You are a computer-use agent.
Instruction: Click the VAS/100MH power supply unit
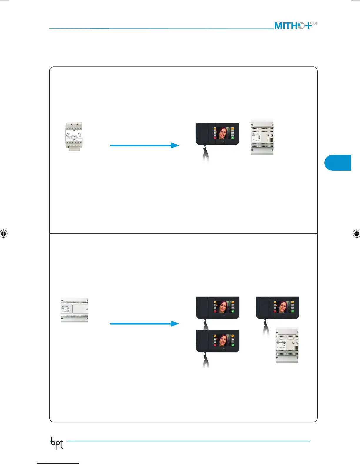click(x=74, y=137)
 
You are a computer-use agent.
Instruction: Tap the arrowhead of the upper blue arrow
click(x=175, y=145)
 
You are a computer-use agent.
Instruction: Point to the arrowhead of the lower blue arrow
click(x=175, y=324)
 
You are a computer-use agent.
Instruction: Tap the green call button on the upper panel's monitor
click(x=232, y=138)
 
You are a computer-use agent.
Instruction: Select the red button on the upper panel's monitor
click(x=215, y=138)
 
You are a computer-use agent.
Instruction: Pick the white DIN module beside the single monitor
click(x=262, y=137)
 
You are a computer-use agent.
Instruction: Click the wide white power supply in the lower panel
click(x=74, y=310)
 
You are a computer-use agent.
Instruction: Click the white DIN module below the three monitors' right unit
click(x=287, y=345)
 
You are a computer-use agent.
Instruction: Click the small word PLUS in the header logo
click(x=314, y=23)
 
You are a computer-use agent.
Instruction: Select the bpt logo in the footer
click(x=56, y=444)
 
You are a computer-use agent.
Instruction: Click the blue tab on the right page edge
click(x=338, y=163)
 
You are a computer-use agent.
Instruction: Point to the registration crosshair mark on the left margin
click(x=4, y=234)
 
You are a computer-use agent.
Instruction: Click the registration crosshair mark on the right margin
click(x=356, y=234)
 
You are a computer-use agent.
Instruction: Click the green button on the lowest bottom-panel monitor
click(x=233, y=345)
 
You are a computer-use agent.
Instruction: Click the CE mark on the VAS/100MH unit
click(x=80, y=134)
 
